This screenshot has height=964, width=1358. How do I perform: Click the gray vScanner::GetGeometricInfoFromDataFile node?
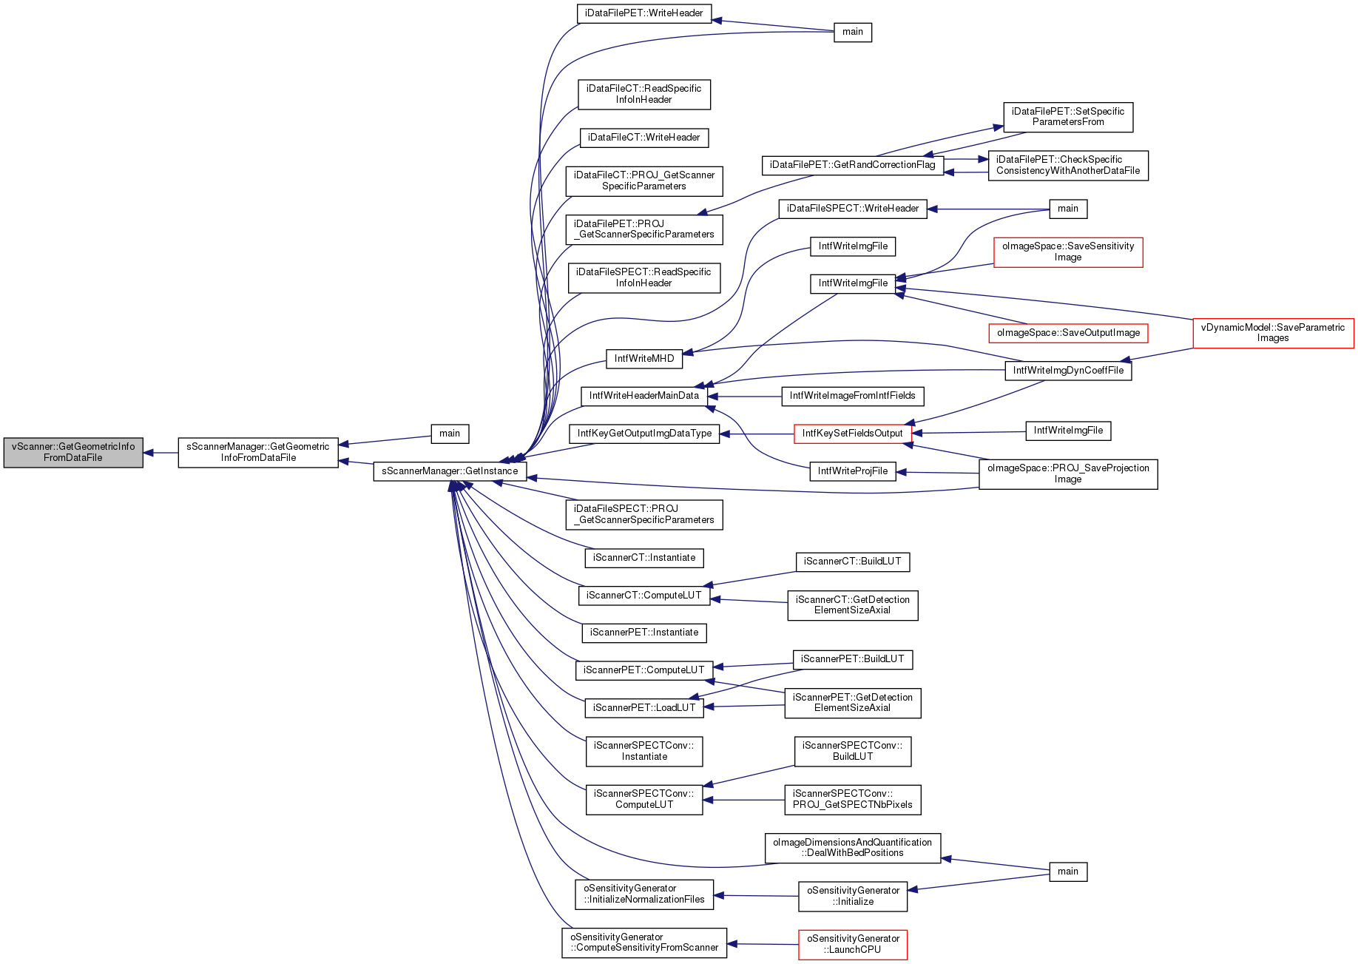[x=73, y=452]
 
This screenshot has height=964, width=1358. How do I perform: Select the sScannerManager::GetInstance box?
[x=450, y=471]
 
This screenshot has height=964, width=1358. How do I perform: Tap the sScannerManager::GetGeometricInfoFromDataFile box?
[x=258, y=452]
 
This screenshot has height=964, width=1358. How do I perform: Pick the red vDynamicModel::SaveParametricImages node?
[x=1273, y=333]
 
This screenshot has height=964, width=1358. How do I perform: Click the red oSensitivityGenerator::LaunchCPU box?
[x=853, y=945]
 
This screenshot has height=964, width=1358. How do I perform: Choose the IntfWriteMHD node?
[x=643, y=359]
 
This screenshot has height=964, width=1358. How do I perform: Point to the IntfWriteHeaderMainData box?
[x=643, y=396]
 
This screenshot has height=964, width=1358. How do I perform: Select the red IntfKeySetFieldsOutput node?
[x=853, y=434]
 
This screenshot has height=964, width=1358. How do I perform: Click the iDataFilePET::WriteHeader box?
[x=643, y=13]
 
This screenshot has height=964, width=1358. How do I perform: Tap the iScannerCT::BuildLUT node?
[x=853, y=562]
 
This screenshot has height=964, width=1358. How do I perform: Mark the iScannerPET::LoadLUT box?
[x=643, y=708]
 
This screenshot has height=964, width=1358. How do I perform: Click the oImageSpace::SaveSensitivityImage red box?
[x=1068, y=252]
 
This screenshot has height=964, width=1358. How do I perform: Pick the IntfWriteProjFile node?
[x=853, y=471]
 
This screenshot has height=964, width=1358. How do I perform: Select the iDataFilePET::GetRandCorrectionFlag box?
[x=853, y=165]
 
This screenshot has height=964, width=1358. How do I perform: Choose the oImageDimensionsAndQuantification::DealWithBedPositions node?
[x=853, y=848]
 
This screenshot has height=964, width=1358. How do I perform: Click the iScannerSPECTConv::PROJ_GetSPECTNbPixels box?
[x=853, y=800]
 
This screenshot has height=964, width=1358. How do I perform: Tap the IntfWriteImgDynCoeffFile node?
[x=1068, y=371]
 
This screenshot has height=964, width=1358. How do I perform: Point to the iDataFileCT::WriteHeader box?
[x=643, y=138]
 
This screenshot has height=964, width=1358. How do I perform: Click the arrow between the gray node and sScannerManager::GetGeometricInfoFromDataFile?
[x=161, y=453]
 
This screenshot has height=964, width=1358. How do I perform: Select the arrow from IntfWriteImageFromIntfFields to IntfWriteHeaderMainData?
[x=744, y=397]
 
